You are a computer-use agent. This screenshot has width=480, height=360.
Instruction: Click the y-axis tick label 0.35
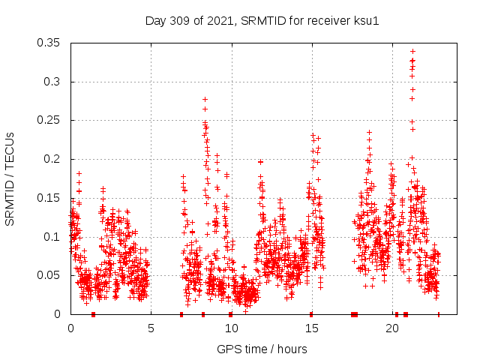[x=51, y=43]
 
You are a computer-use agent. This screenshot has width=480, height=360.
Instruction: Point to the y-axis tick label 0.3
[x=54, y=81]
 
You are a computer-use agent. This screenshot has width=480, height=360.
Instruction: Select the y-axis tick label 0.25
[x=51, y=120]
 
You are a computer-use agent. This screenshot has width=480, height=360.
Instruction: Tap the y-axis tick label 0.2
[x=54, y=159]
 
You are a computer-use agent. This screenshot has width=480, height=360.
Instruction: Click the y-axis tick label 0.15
[x=51, y=198]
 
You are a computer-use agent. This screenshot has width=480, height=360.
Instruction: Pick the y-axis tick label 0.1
[x=54, y=237]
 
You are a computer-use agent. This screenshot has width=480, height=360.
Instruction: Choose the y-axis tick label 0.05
[x=51, y=275]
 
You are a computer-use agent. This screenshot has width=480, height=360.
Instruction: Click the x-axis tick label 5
[x=151, y=328]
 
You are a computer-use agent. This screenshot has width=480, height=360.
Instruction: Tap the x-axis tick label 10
[x=231, y=328]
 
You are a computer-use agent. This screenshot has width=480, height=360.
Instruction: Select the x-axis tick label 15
[x=311, y=328]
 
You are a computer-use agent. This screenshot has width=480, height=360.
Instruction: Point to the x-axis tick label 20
[x=391, y=328]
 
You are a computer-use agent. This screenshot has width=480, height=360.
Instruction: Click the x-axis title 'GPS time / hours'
[x=262, y=349]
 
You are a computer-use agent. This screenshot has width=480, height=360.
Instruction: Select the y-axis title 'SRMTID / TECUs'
[x=10, y=178]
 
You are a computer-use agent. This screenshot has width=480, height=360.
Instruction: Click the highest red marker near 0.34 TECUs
[x=412, y=52]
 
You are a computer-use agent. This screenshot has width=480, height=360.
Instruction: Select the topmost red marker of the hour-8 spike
[x=205, y=99]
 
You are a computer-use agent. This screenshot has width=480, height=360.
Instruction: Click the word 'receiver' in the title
[x=331, y=21]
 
